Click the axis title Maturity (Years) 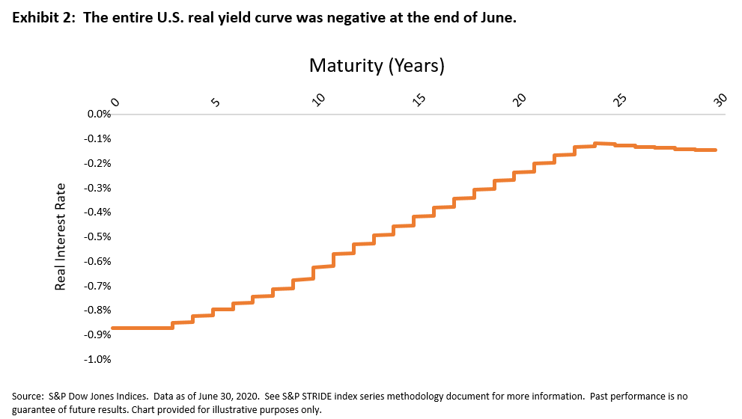(377, 66)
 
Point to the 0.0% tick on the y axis (98, 114)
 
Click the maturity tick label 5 (215, 103)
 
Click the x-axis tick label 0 (115, 103)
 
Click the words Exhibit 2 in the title (39, 19)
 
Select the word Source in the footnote (28, 395)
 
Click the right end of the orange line (715, 150)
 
